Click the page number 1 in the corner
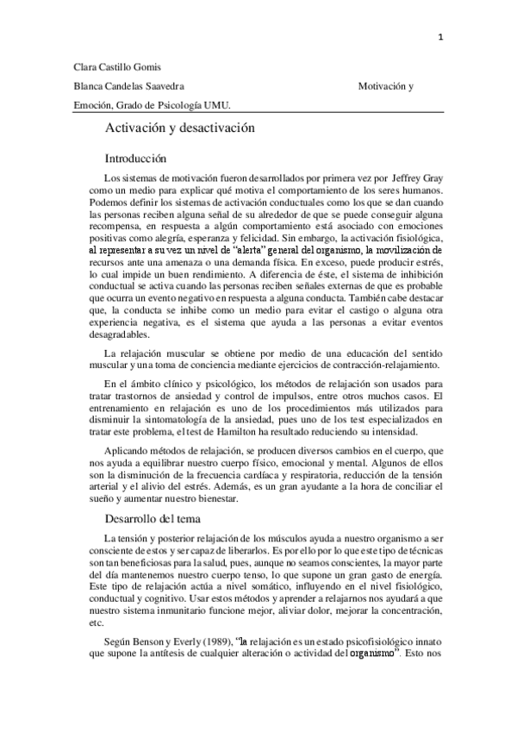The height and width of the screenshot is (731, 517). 440,37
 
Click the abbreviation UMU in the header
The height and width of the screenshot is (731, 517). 225,105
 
